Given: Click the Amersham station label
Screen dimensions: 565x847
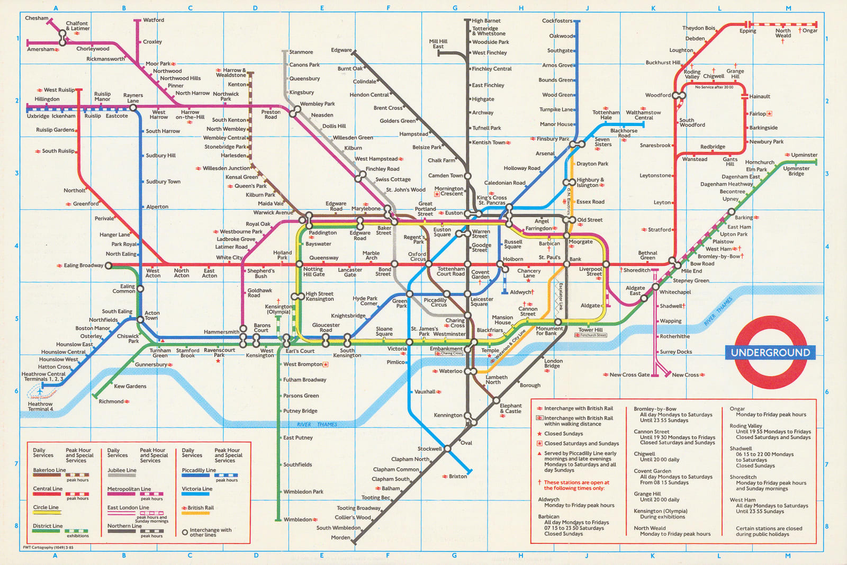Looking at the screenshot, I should (x=40, y=49).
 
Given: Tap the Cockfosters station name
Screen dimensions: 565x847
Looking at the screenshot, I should (x=557, y=21).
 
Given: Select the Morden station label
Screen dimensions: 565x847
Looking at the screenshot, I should (x=340, y=537).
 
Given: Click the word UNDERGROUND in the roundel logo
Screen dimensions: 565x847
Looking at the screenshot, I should (x=770, y=353).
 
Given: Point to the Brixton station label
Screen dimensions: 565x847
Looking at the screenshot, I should (x=458, y=476).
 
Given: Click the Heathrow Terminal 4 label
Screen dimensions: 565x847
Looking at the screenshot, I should (x=40, y=406).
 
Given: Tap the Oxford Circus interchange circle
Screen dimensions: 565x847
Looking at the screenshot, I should (x=428, y=264).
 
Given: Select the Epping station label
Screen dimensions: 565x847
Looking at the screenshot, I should (x=747, y=31).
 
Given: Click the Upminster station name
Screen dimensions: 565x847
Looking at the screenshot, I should (x=804, y=155).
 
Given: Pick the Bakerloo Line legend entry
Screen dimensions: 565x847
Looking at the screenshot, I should (x=49, y=470).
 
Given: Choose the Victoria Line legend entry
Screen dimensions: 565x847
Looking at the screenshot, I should (x=197, y=489).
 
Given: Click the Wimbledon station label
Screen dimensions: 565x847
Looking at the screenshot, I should (x=298, y=519).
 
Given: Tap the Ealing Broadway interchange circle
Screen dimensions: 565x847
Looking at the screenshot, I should (x=109, y=266).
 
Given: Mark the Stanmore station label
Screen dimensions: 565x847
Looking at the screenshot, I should (x=301, y=52).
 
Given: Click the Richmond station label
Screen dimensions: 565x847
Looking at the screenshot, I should (x=111, y=401).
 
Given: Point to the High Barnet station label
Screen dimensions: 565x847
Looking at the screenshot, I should (x=486, y=21).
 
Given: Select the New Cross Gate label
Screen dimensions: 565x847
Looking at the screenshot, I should (x=629, y=374).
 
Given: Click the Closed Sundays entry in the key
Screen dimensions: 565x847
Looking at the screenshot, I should (x=563, y=434).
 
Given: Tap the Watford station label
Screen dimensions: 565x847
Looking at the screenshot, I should (x=154, y=20).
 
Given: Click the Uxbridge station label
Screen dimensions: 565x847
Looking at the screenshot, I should (x=38, y=116).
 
